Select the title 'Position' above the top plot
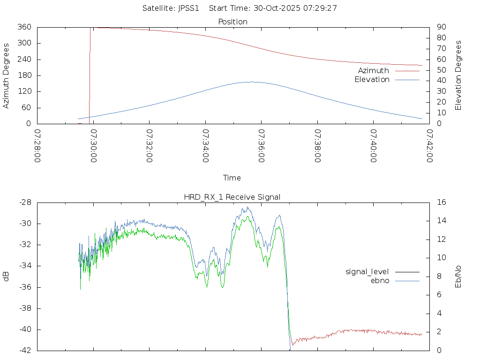tap(233, 22)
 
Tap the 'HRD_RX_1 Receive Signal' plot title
tap(233, 197)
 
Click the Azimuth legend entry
tap(374, 70)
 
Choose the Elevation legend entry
tap(372, 79)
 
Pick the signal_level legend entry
tap(367, 271)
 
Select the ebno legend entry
tap(380, 280)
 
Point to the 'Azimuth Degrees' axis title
tap(6, 75)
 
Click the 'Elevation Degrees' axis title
tap(458, 75)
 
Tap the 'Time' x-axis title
tap(232, 178)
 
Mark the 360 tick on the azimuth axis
tap(24, 27)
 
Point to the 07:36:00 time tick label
tap(260, 146)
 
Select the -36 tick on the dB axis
tap(24, 287)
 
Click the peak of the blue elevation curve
tap(252, 82)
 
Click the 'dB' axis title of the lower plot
tap(6, 277)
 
